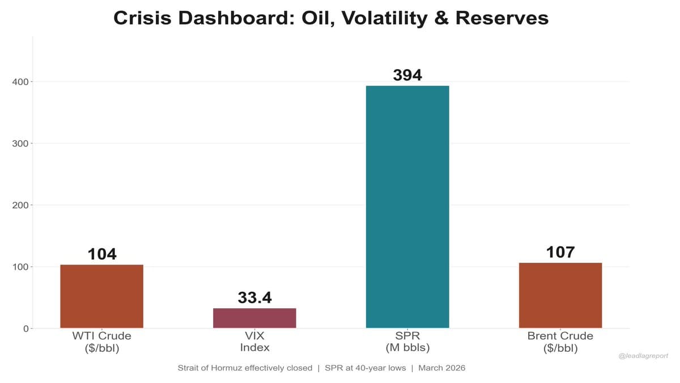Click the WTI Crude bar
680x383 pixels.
[x=101, y=296]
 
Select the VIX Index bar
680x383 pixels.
[x=254, y=318]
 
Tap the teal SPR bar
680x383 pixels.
[x=407, y=207]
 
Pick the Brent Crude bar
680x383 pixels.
[x=560, y=295]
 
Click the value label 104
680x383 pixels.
[x=102, y=254]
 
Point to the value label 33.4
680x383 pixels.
[x=254, y=297]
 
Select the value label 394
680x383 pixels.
[x=407, y=75]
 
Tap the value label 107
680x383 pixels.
[x=560, y=252]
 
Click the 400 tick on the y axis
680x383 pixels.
[x=20, y=82]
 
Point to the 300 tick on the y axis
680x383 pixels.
[x=20, y=144]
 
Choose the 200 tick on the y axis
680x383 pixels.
[x=20, y=205]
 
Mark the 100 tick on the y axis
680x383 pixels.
[x=20, y=267]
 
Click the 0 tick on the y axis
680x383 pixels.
[x=26, y=329]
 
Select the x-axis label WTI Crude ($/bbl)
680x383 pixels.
[x=101, y=342]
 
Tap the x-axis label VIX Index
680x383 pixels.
[x=254, y=342]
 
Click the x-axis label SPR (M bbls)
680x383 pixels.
[x=407, y=342]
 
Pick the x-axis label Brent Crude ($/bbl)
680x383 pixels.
[x=560, y=342]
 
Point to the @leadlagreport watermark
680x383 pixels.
[x=644, y=356]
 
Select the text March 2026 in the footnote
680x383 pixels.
[x=442, y=368]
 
